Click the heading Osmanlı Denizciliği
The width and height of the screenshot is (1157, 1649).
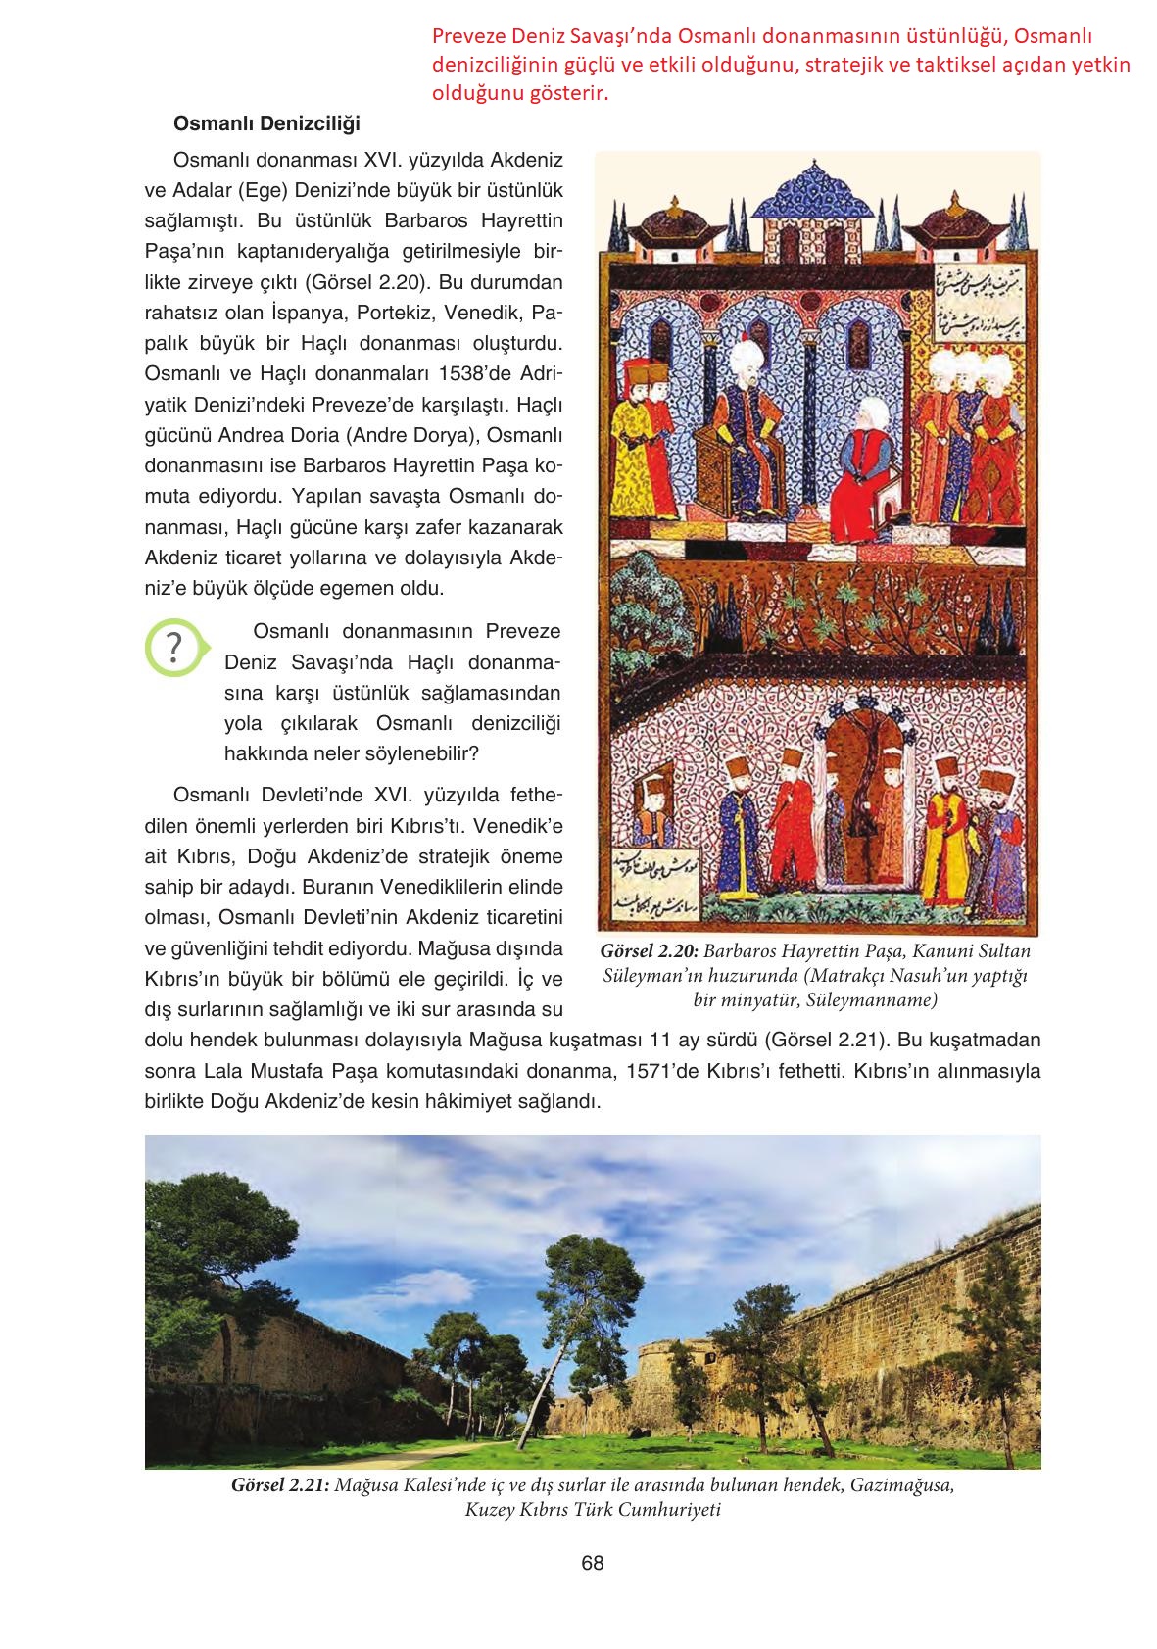[266, 124]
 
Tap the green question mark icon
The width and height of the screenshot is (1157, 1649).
[173, 648]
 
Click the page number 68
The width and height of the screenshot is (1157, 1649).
[593, 1563]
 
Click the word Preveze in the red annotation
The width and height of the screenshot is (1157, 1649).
[466, 37]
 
